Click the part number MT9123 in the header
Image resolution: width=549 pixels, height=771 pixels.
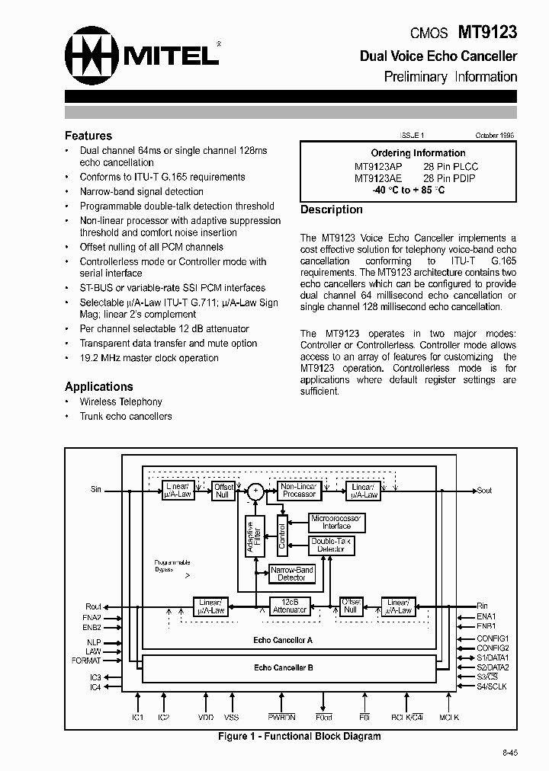[487, 32]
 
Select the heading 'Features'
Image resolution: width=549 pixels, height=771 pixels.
[88, 136]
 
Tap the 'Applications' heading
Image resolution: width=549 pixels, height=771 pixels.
[99, 386]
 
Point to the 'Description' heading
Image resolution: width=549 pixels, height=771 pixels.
[332, 210]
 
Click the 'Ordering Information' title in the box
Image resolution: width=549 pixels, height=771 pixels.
[418, 153]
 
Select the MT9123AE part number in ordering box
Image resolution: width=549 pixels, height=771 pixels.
[379, 178]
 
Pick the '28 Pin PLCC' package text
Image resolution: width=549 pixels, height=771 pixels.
[451, 166]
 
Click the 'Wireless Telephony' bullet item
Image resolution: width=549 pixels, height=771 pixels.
[121, 401]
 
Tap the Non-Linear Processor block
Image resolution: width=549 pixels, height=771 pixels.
[299, 490]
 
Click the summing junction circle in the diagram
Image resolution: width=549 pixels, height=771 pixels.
[256, 491]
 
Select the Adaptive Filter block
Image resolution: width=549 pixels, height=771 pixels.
[253, 536]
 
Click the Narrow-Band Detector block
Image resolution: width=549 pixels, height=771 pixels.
[291, 574]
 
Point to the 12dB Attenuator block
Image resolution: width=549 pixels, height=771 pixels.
[290, 606]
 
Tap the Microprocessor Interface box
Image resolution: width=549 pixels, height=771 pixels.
[336, 522]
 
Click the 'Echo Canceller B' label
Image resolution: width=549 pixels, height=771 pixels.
[283, 667]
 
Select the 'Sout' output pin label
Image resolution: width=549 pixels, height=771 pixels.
[484, 491]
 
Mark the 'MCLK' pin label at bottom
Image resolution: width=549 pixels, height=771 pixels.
[449, 718]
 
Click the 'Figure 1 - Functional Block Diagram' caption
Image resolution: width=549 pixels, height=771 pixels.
[299, 736]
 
